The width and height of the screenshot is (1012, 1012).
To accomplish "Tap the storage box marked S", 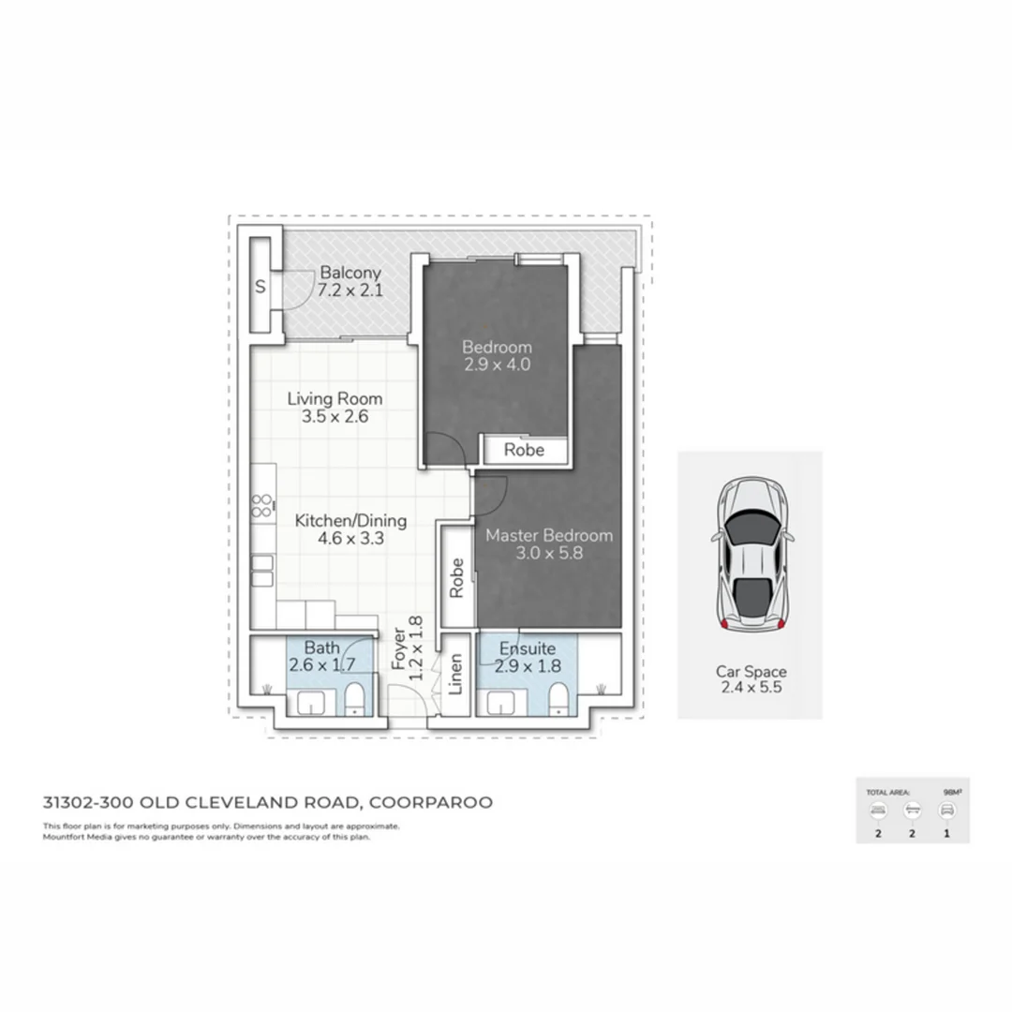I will (260, 289).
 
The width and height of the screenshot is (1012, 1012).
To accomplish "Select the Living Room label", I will (335, 398).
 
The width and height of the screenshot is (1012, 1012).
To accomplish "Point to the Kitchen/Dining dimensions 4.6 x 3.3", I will (339, 539).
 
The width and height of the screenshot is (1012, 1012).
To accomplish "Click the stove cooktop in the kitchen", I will (262, 506).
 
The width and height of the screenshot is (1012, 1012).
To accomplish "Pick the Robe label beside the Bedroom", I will (524, 450).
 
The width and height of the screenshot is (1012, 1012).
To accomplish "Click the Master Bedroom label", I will (549, 535).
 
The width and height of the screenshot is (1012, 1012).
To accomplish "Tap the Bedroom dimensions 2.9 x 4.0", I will (497, 365).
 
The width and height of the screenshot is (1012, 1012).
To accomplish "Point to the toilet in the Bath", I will (355, 700).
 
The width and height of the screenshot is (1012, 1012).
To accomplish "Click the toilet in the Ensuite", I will (558, 699).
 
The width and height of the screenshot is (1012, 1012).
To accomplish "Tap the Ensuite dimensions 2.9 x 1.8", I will (529, 666).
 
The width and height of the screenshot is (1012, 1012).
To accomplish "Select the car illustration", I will (751, 556).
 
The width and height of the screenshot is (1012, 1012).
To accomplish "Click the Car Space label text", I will (751, 672).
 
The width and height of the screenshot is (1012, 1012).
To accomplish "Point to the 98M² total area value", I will (950, 792).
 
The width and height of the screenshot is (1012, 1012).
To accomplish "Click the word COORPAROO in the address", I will (431, 802).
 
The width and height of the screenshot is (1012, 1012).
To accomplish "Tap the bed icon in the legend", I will (878, 811).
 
